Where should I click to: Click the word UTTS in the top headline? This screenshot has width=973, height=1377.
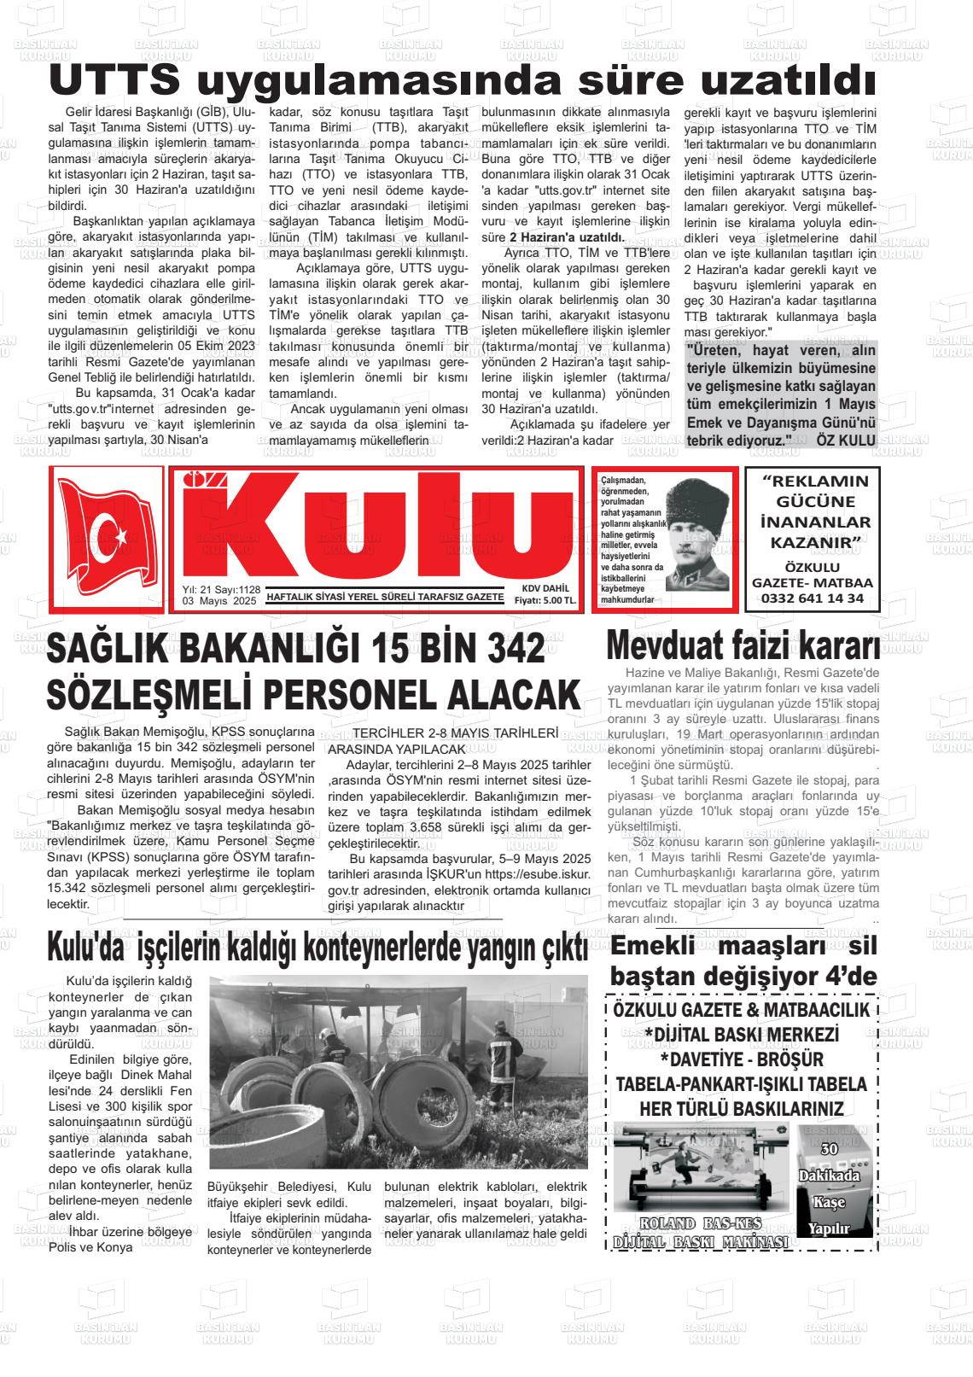114,81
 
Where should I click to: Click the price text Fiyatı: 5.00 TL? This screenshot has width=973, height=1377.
545,601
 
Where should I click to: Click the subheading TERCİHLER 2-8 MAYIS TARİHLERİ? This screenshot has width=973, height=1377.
455,733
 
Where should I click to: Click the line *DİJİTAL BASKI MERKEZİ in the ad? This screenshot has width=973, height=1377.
742,1035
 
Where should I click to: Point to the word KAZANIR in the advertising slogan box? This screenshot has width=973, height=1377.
814,543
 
